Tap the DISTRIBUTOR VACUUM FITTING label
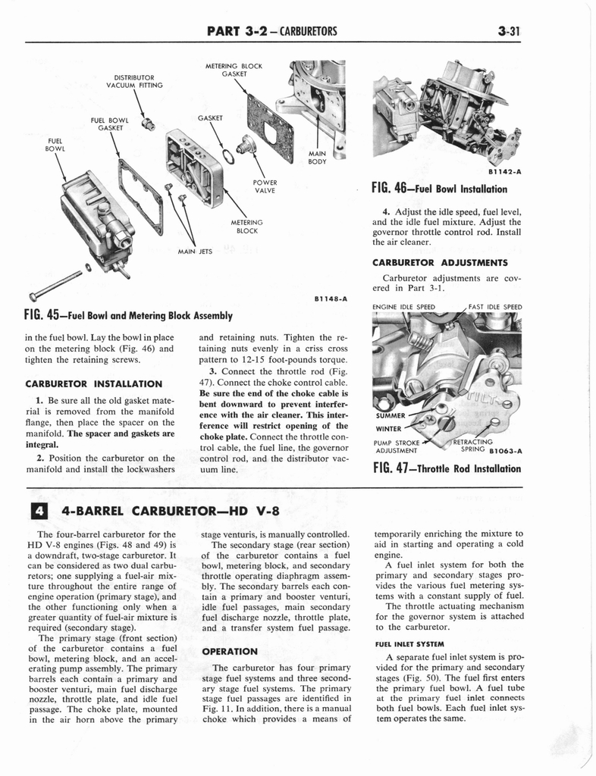[134, 81]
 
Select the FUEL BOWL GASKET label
[109, 124]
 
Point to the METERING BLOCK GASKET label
[234, 70]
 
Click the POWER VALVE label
[265, 186]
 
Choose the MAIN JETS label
[194, 251]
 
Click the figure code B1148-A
[330, 299]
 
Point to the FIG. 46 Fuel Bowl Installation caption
[439, 189]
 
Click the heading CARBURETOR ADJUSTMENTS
[440, 263]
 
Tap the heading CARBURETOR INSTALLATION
[94, 383]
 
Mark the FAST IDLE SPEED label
[495, 307]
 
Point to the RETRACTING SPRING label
[474, 446]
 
